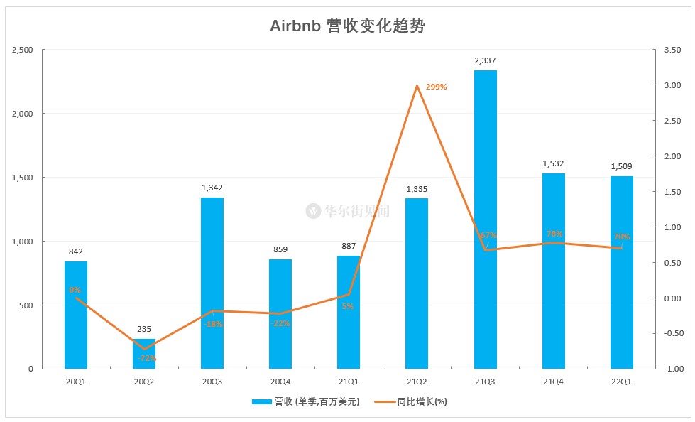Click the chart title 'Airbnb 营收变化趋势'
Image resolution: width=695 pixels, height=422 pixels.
click(347, 26)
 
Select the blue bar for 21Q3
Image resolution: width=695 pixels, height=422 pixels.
click(485, 220)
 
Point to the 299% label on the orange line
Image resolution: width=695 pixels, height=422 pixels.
click(436, 87)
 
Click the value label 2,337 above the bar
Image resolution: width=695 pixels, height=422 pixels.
click(485, 61)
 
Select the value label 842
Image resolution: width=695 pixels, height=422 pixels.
click(76, 252)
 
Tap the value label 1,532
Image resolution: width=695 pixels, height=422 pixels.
click(553, 164)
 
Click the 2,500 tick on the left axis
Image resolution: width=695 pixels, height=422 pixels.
click(23, 50)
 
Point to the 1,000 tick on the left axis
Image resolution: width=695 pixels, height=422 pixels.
click(23, 242)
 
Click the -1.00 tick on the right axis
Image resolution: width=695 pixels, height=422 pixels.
click(672, 369)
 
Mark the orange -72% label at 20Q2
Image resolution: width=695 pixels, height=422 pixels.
click(147, 358)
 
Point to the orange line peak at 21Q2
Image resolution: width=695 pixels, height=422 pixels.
click(417, 86)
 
